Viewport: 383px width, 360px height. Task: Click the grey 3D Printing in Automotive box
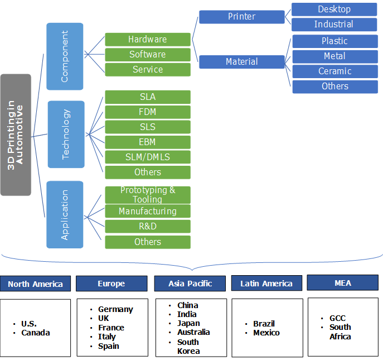[x=16, y=135]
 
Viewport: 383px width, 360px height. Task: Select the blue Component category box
[x=65, y=56]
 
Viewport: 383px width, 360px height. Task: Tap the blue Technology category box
[x=66, y=134]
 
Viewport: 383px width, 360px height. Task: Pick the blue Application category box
[x=65, y=214]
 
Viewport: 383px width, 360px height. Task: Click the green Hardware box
[x=148, y=40]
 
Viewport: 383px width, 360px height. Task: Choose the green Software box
[x=148, y=55]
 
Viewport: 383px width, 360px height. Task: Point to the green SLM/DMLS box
[x=148, y=157]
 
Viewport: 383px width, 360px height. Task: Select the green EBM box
[x=148, y=142]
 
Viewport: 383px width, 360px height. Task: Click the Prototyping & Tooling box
[x=148, y=195]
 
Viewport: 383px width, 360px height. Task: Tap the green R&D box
[x=148, y=227]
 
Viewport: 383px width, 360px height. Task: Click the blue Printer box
[x=241, y=17]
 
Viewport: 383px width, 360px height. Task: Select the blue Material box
[x=241, y=62]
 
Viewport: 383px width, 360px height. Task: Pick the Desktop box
[x=334, y=9]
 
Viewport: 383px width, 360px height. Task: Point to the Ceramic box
[x=334, y=71]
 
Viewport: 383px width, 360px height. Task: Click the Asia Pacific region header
[x=190, y=284]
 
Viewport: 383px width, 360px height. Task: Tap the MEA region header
[x=343, y=283]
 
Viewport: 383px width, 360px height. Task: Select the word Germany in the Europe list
[x=115, y=309]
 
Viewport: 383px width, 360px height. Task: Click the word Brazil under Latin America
[x=264, y=324]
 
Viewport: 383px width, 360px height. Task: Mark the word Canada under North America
[x=36, y=333]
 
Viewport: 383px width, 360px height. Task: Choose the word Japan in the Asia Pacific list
[x=188, y=323]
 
